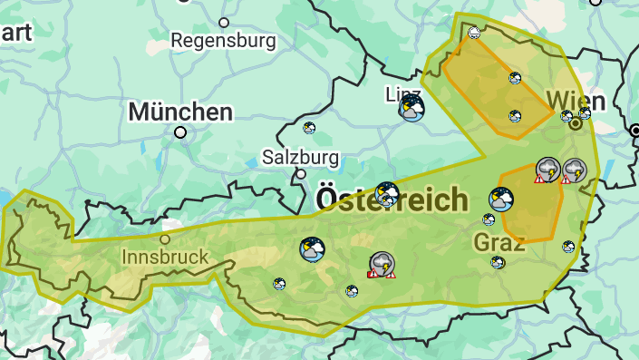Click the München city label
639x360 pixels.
[x=180, y=112]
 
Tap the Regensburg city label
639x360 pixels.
[x=222, y=40]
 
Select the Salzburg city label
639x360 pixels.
[x=301, y=157]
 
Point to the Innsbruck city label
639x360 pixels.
[x=165, y=257]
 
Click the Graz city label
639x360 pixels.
[x=499, y=242]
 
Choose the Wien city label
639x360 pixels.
[x=576, y=99]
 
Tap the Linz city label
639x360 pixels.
[x=403, y=94]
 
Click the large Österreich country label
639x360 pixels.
[x=392, y=200]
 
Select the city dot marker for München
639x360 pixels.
[x=180, y=132]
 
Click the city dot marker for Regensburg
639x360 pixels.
[x=224, y=22]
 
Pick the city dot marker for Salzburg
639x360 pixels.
[x=301, y=174]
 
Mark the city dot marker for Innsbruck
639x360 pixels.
[x=165, y=239]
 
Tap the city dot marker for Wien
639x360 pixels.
[x=575, y=124]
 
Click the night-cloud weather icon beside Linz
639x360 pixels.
[x=411, y=110]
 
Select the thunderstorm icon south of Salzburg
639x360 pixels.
[x=382, y=264]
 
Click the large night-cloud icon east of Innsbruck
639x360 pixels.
[x=312, y=248]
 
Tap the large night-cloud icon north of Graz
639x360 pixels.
[x=500, y=199]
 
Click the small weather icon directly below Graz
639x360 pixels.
[x=498, y=262]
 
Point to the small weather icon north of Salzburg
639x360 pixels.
[x=309, y=128]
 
